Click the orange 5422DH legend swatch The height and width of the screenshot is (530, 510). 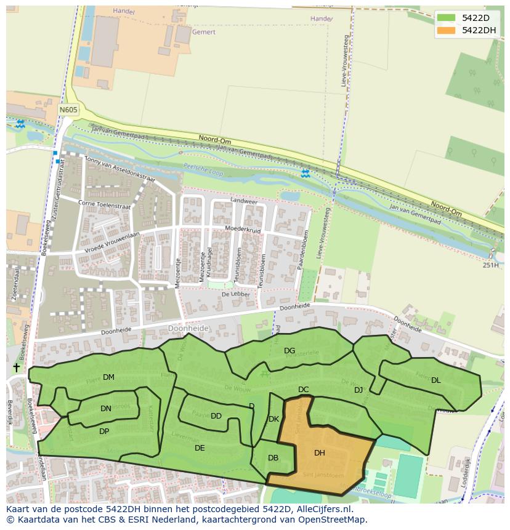[x=447, y=30]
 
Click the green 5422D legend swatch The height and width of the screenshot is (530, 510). [x=447, y=18]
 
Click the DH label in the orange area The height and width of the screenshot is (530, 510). [x=319, y=453]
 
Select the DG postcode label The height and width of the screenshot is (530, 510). [x=289, y=351]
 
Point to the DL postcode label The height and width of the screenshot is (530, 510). [x=435, y=380]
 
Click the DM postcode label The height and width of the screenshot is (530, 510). [x=108, y=377]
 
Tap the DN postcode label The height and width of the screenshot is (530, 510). [x=106, y=409]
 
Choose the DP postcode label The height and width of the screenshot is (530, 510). [x=104, y=432]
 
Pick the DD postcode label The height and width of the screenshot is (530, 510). [x=216, y=416]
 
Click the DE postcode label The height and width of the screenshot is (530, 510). [x=200, y=448]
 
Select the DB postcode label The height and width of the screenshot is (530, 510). [x=273, y=458]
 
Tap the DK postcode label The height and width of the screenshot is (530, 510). [x=274, y=419]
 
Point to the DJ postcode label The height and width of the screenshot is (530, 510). [x=358, y=390]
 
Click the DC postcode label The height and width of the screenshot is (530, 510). [x=303, y=390]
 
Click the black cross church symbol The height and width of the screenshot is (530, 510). [x=16, y=367]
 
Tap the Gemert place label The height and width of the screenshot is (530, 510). [x=203, y=31]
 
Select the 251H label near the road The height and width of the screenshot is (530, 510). [x=490, y=265]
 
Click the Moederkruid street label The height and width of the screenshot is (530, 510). [x=243, y=230]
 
